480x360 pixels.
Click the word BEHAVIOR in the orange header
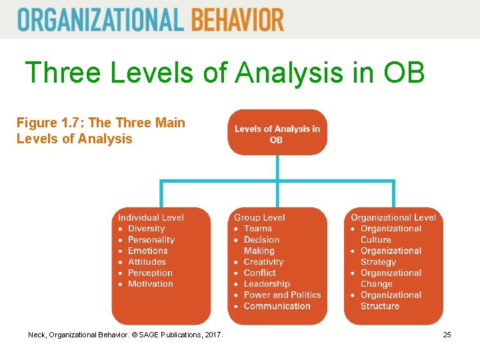tap(237, 19)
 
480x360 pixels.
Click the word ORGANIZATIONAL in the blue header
tap(101, 19)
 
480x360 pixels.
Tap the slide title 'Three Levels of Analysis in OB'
tap(224, 73)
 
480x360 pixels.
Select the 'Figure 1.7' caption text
tap(101, 131)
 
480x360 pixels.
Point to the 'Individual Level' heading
tap(151, 217)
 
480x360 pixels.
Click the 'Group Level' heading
tap(259, 217)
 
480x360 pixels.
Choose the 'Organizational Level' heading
tap(393, 217)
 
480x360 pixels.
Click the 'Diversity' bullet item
tap(146, 229)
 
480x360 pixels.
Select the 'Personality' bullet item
tap(151, 240)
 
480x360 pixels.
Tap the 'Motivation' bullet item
tap(150, 284)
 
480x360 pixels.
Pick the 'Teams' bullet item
tap(258, 229)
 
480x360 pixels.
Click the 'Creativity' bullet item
tap(263, 262)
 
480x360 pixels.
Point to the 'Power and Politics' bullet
tap(282, 295)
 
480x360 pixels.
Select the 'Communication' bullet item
tap(277, 306)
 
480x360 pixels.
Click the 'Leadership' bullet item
tap(267, 284)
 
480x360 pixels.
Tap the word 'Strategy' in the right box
tap(378, 262)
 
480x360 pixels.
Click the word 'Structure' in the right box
tap(380, 306)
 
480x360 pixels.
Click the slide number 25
tap(447, 334)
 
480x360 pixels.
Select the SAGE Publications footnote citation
tap(126, 334)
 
